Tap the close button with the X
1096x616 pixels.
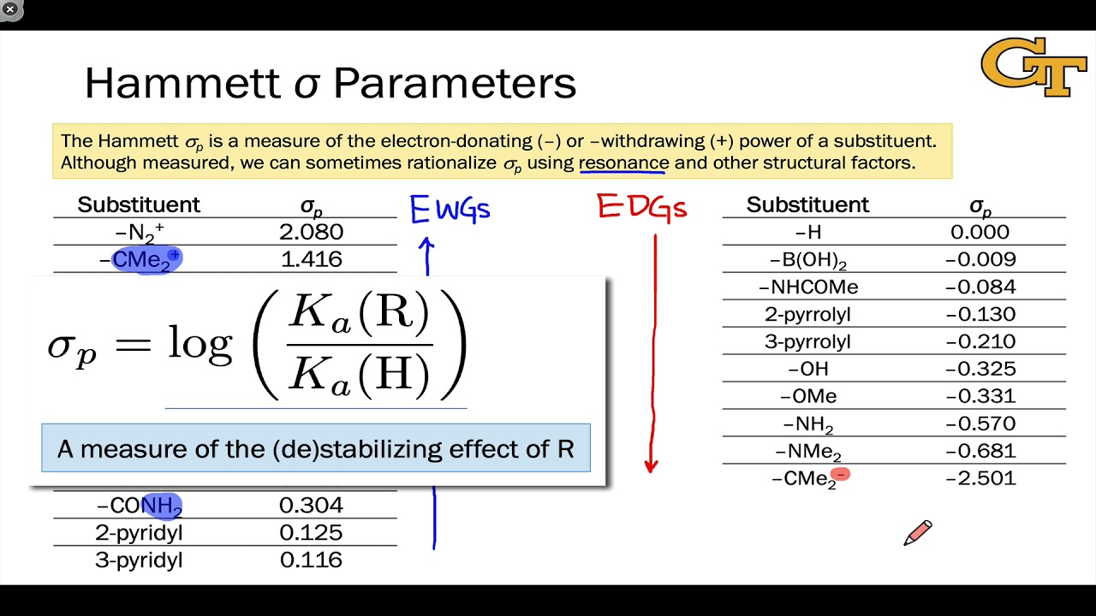pos(10,9)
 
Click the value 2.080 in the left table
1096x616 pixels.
pos(311,232)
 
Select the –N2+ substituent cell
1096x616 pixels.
pos(140,232)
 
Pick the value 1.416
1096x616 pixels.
pos(311,259)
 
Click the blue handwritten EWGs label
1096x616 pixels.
pos(450,209)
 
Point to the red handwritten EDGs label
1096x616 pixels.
pos(641,206)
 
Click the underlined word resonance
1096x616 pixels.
pos(623,163)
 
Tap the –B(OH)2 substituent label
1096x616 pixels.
pos(807,260)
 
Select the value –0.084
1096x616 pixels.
pos(980,287)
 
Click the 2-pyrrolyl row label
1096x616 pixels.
pos(807,314)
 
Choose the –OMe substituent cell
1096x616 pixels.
pos(807,396)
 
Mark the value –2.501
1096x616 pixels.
pos(980,478)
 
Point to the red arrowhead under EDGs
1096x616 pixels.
pos(651,465)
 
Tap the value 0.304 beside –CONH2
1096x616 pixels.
pos(311,506)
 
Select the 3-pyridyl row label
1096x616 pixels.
pos(139,560)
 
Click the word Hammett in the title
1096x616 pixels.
pos(182,84)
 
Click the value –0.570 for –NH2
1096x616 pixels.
pos(980,423)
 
